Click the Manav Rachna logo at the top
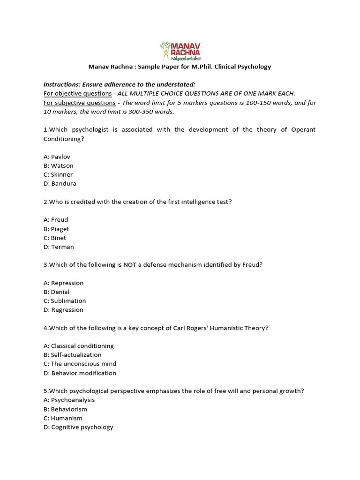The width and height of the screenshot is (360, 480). coord(180,51)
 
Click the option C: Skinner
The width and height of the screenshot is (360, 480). coord(58,174)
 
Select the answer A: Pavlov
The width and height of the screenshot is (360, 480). coord(57,157)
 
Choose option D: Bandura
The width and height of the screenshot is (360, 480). coord(60,183)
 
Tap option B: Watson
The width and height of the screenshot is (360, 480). coord(59,165)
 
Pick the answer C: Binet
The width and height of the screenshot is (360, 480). coord(55,238)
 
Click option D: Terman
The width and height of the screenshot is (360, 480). coord(59,247)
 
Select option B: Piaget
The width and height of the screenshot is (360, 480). coord(56,229)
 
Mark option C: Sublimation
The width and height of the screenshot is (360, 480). coord(65,300)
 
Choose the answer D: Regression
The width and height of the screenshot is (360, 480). coord(63,309)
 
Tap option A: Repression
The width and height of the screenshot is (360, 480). coord(63,283)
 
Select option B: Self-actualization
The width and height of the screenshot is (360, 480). coord(72,355)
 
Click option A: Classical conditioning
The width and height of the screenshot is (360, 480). coord(78,345)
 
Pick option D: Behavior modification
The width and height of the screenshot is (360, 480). coord(80,373)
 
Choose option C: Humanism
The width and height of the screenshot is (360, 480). coord(63,418)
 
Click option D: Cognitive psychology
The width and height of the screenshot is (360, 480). coord(78,427)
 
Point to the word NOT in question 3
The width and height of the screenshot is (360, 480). coord(130,264)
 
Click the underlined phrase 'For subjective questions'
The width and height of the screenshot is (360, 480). coord(79,103)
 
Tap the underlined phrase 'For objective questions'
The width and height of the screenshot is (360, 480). coord(77,93)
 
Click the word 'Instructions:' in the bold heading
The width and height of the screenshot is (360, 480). coord(62,84)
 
